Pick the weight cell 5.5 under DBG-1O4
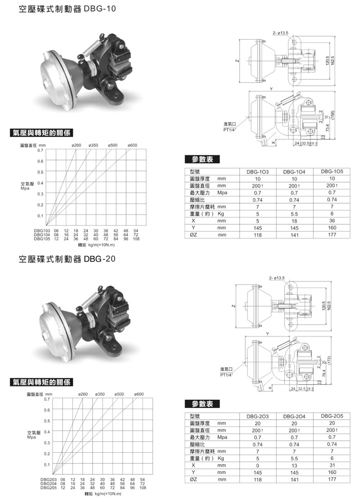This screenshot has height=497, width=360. (294, 213)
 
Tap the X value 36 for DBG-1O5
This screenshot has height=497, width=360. (332, 220)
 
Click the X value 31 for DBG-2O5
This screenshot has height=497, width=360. (332, 465)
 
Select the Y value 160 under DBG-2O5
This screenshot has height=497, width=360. (332, 472)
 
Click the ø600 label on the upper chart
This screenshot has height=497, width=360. (132, 146)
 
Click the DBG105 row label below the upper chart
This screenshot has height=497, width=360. (42, 239)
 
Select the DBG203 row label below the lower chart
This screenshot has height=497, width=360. (49, 479)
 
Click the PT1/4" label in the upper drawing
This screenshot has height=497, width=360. (229, 129)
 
